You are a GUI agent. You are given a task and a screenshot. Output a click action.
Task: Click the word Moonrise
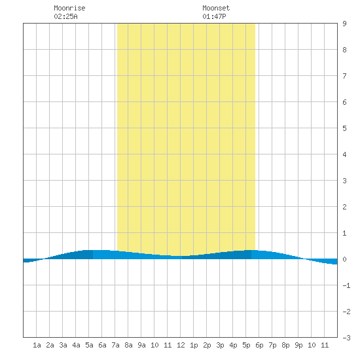(x=69, y=8)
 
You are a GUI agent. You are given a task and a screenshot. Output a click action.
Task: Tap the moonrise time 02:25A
(x=65, y=16)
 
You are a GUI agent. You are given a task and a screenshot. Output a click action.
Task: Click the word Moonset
(x=216, y=8)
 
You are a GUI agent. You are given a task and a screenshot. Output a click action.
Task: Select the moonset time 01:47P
(x=214, y=16)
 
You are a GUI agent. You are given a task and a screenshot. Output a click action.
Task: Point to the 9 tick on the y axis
(x=344, y=24)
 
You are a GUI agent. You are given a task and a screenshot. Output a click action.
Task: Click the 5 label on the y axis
(x=344, y=128)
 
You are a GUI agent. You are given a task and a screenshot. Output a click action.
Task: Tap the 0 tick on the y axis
(x=344, y=259)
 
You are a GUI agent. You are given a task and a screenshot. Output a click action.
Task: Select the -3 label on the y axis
(x=347, y=338)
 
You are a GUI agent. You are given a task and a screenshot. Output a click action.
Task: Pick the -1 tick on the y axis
(x=347, y=285)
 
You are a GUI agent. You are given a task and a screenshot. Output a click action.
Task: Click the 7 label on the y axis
(x=344, y=76)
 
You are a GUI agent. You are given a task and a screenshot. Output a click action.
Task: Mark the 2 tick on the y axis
(x=344, y=207)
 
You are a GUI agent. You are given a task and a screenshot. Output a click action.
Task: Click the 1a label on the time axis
(x=37, y=345)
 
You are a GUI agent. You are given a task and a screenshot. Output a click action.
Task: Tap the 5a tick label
(x=89, y=345)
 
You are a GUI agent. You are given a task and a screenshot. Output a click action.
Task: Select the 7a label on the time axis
(x=115, y=345)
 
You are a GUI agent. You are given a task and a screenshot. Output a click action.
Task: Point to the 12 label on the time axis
(x=181, y=345)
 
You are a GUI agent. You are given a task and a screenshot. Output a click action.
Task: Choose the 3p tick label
(x=220, y=345)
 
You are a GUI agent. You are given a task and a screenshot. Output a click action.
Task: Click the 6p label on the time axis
(x=259, y=345)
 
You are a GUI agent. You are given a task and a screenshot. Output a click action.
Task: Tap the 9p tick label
(x=298, y=345)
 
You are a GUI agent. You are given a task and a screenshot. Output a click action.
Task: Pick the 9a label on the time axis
(x=141, y=345)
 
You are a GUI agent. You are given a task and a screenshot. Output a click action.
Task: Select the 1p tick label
(x=194, y=345)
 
